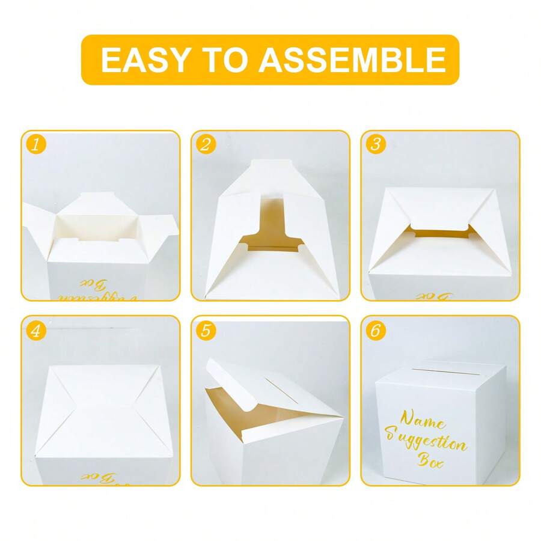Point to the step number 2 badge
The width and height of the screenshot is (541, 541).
pos(206,145)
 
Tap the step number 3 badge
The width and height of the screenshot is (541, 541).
pos(376,145)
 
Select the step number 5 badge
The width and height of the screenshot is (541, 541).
pos(206,331)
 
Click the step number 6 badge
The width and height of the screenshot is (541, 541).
pos(376,331)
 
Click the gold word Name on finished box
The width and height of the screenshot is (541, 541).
pos(423,419)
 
